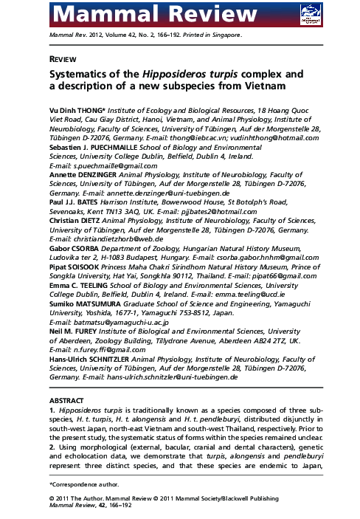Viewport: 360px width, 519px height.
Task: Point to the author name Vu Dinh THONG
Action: pos(73,108)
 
